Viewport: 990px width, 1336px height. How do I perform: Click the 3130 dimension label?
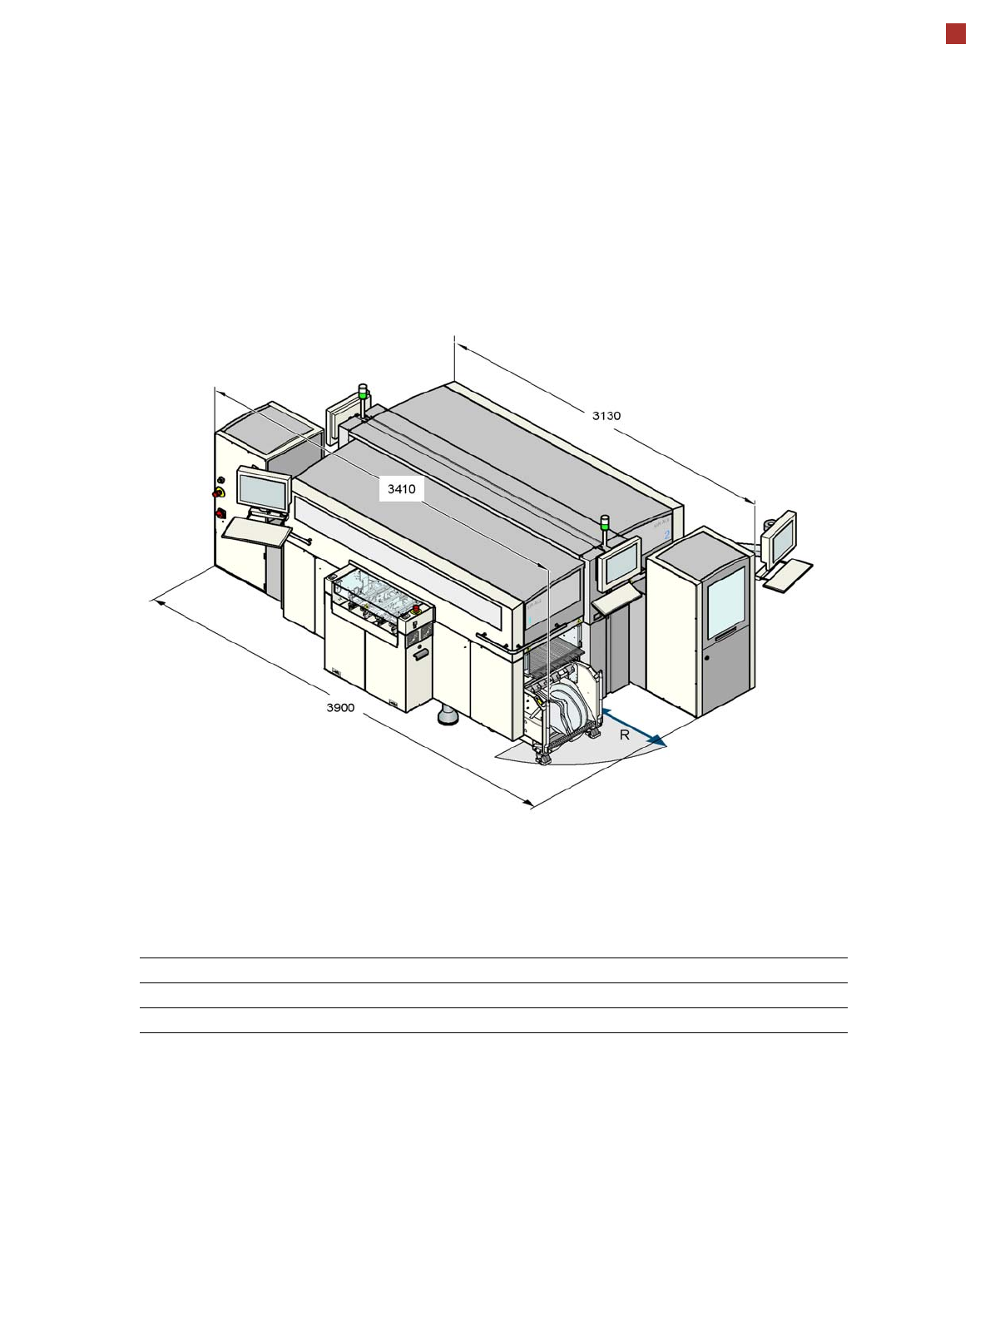606,416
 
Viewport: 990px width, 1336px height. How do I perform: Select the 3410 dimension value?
401,489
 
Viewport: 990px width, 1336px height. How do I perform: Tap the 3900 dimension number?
340,708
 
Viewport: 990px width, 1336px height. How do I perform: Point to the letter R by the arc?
624,735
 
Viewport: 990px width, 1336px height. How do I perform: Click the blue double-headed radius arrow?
634,728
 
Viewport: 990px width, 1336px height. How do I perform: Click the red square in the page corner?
956,34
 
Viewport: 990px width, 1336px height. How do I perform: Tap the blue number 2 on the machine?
667,534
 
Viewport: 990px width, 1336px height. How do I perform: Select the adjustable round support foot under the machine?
447,715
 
